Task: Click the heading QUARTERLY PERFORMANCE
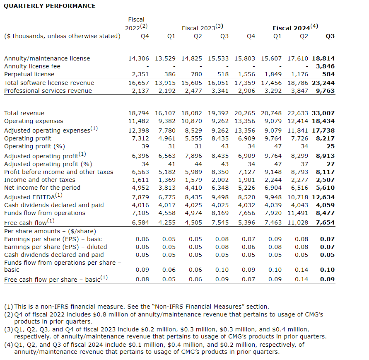coord(50,6)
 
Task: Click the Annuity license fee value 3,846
coord(326,66)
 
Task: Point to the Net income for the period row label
coord(42,188)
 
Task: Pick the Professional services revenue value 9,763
coord(326,91)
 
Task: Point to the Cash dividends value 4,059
coord(326,205)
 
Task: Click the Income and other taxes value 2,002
coord(220,180)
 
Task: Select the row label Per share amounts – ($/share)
coord(50,231)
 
